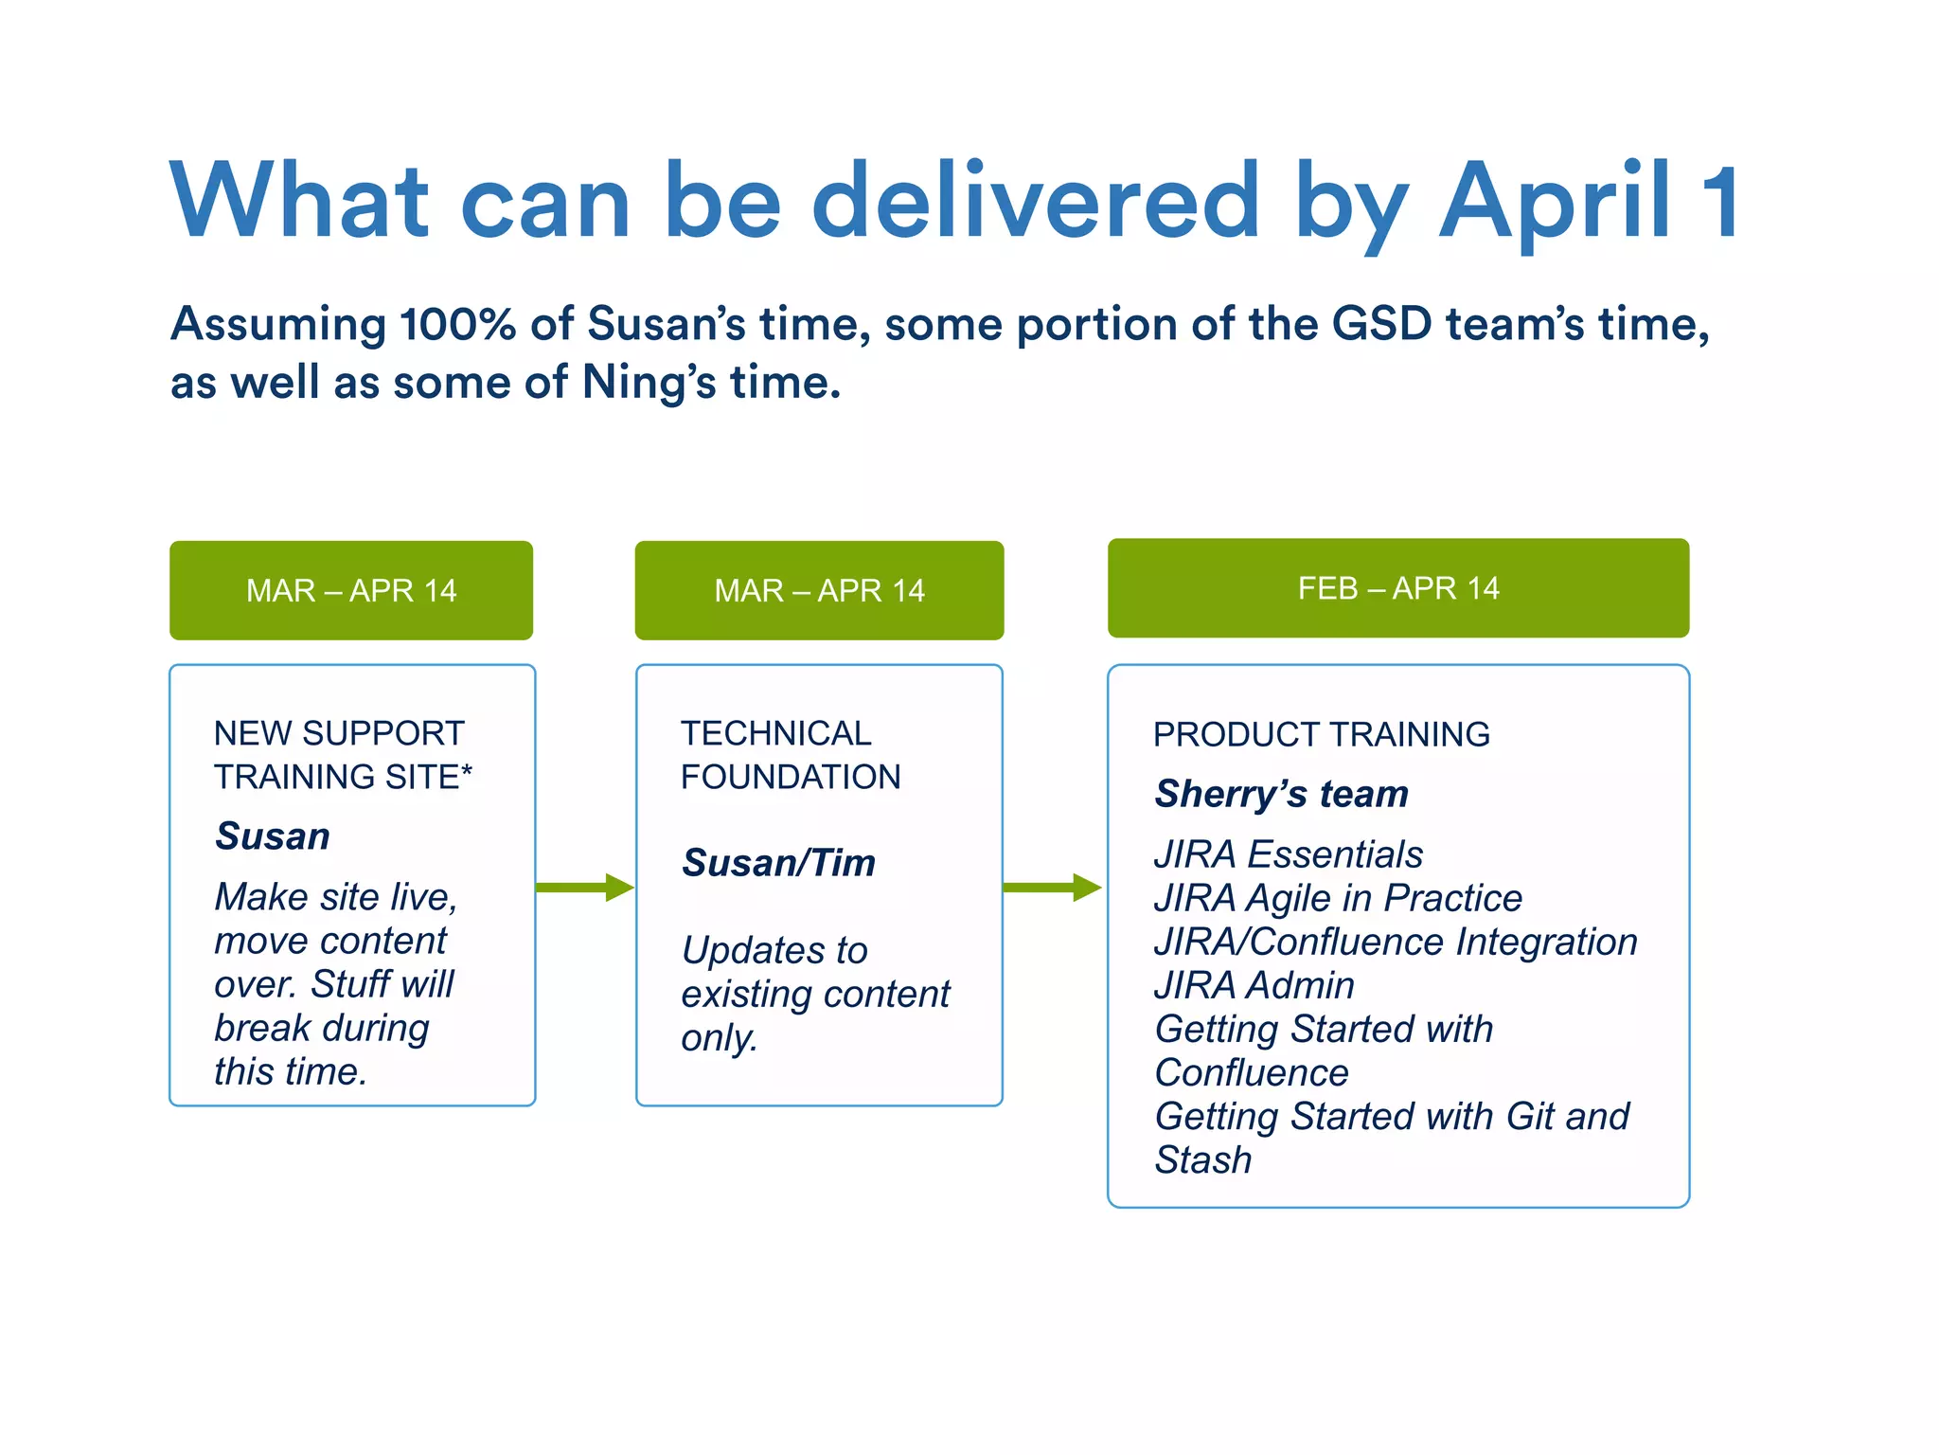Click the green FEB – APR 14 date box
(x=1397, y=588)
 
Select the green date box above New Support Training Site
(x=351, y=590)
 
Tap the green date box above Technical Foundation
(x=819, y=590)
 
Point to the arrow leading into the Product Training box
(x=1052, y=888)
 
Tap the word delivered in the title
(x=1036, y=201)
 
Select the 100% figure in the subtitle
(x=457, y=324)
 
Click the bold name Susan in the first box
(x=273, y=836)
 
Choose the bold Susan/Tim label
(x=778, y=863)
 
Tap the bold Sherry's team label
(x=1281, y=794)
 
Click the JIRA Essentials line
(x=1288, y=854)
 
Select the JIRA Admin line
(x=1254, y=985)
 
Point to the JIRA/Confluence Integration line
(x=1396, y=942)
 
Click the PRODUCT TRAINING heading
(x=1321, y=735)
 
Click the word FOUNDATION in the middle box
(x=791, y=777)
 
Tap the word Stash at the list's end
(x=1202, y=1160)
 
